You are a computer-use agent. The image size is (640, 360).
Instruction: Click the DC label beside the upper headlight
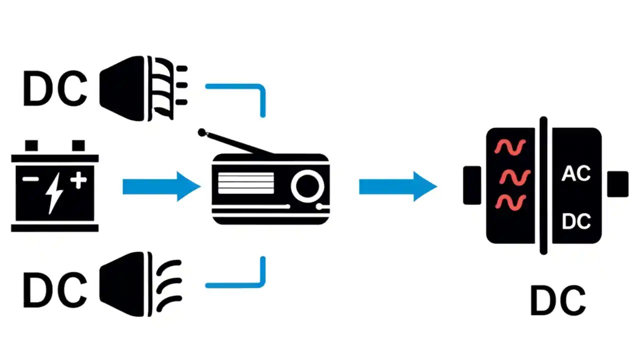pyautogui.click(x=55, y=88)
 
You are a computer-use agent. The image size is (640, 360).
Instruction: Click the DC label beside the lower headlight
pyautogui.click(x=55, y=290)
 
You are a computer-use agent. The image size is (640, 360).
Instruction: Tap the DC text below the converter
pyautogui.click(x=557, y=300)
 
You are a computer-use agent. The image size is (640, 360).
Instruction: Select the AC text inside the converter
pyautogui.click(x=576, y=173)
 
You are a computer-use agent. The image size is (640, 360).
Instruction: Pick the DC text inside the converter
pyautogui.click(x=576, y=221)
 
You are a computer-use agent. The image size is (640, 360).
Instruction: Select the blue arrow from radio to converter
pyautogui.click(x=397, y=186)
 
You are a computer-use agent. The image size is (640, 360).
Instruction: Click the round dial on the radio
pyautogui.click(x=307, y=186)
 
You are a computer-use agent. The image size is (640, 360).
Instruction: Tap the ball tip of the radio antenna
pyautogui.click(x=201, y=132)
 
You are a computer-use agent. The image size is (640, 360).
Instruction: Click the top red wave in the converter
pyautogui.click(x=510, y=146)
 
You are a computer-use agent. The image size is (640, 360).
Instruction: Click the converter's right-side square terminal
pyautogui.click(x=617, y=183)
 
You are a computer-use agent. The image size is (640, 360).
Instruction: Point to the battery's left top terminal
pyautogui.click(x=31, y=146)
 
